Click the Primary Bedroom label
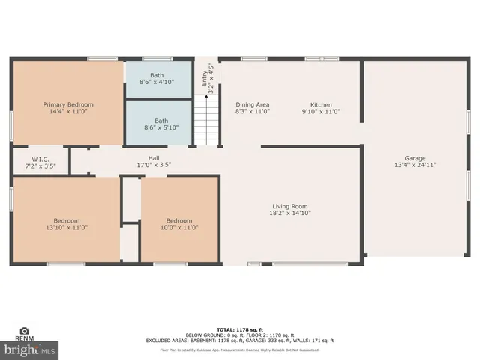68,104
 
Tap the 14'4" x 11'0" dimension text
68,111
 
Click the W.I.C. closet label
40,158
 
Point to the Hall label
153,158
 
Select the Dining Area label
252,104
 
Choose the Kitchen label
321,104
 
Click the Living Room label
289,206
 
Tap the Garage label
415,158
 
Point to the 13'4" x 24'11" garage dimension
415,165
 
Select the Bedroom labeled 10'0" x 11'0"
178,220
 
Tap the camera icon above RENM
25,331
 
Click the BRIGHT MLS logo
30,349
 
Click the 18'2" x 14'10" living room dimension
289,213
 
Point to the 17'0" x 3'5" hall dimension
153,165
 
